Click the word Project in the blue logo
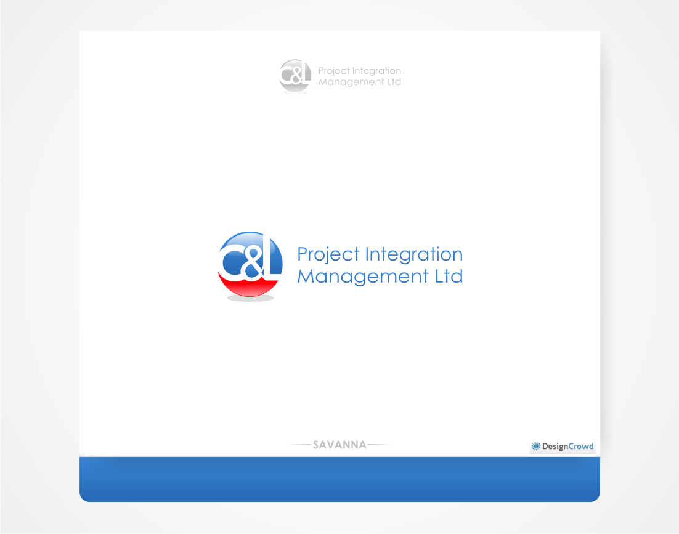click(x=328, y=255)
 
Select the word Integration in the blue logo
click(x=413, y=255)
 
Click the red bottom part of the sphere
click(x=250, y=287)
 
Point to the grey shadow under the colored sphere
click(x=250, y=299)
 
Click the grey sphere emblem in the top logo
click(x=295, y=76)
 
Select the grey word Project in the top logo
click(x=333, y=71)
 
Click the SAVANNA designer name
click(x=339, y=445)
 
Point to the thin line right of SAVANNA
click(x=378, y=445)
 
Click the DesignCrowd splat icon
click(x=536, y=447)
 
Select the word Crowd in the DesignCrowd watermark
click(x=580, y=447)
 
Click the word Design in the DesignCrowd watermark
click(x=554, y=447)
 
